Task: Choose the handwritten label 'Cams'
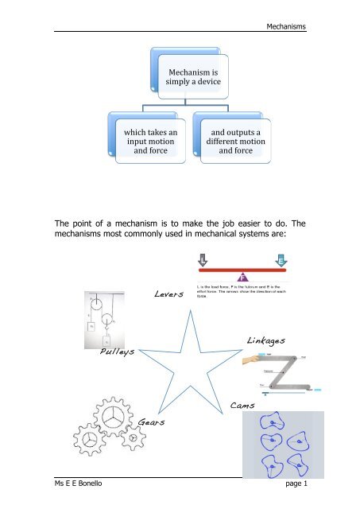click(242, 406)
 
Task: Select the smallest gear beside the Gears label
click(133, 438)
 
